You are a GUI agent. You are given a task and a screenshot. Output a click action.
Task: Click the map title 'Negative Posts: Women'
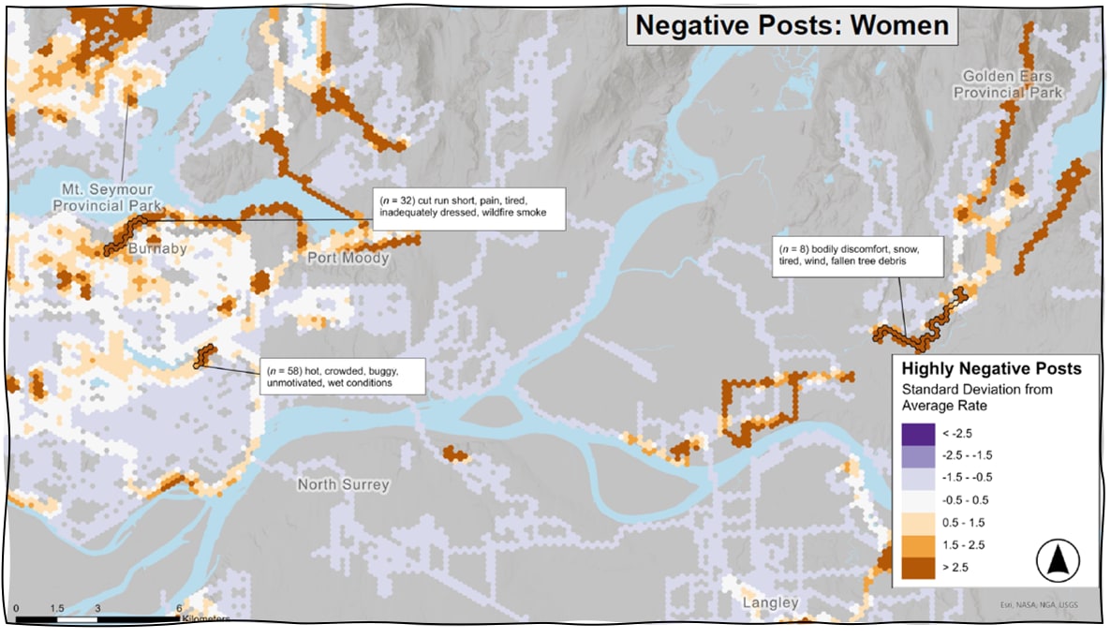792,24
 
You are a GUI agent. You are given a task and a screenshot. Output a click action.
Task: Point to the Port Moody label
340,257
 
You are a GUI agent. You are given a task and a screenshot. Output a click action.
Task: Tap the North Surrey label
344,484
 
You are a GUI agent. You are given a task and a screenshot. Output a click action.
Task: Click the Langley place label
769,602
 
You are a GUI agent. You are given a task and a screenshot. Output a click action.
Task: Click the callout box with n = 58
341,375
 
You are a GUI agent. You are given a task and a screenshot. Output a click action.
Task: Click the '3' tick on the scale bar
98,608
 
